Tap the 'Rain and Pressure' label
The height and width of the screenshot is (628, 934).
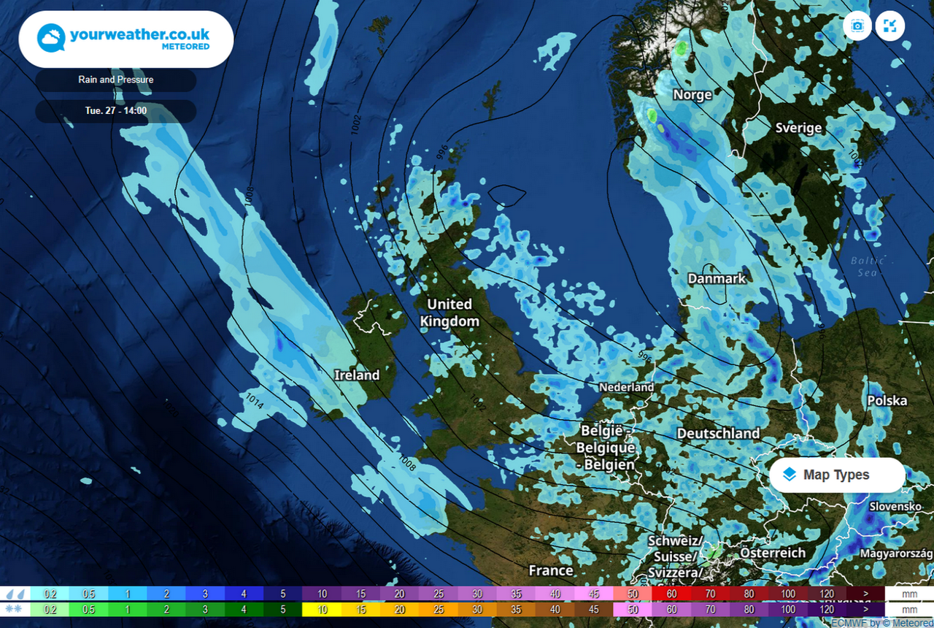click(115, 80)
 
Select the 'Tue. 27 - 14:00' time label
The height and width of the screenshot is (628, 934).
click(115, 111)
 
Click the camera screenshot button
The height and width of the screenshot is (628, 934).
click(857, 26)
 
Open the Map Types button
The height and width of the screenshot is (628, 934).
click(837, 475)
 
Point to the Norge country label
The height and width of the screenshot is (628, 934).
click(692, 95)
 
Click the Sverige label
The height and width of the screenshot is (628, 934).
click(798, 128)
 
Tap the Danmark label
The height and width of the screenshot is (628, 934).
click(717, 278)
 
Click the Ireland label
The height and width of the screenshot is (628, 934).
click(357, 375)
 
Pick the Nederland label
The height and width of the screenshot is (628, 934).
click(626, 387)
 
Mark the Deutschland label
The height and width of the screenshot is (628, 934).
click(718, 433)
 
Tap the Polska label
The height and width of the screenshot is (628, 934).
click(887, 400)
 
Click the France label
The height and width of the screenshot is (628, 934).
click(551, 570)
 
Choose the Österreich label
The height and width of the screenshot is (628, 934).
click(773, 553)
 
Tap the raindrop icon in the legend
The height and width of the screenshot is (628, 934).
click(15, 594)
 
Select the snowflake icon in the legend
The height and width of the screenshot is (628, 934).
click(15, 609)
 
